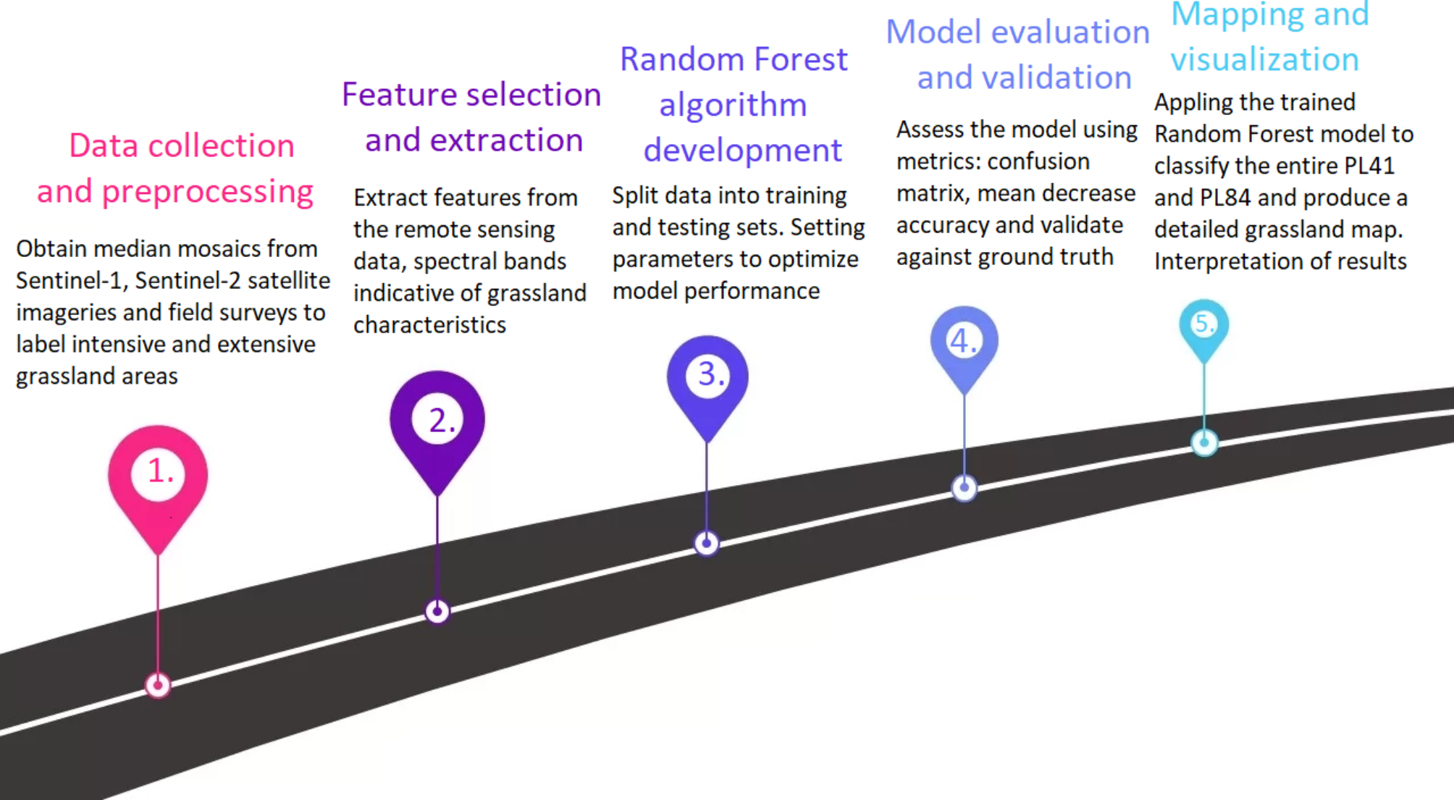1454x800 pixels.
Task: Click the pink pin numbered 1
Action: click(158, 478)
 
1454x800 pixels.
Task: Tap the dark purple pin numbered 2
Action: click(437, 424)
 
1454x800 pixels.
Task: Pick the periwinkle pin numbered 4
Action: click(964, 342)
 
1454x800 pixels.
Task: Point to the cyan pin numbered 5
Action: click(1203, 326)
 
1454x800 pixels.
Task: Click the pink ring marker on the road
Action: click(158, 685)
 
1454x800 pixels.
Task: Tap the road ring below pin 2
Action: click(437, 611)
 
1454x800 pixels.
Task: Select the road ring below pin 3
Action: click(707, 543)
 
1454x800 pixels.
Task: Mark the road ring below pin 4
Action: click(964, 488)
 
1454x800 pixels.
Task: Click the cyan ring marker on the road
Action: click(1204, 442)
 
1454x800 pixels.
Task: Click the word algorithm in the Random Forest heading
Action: click(733, 106)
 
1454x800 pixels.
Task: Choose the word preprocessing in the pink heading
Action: click(207, 192)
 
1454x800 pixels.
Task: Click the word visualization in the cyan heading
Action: click(1264, 59)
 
